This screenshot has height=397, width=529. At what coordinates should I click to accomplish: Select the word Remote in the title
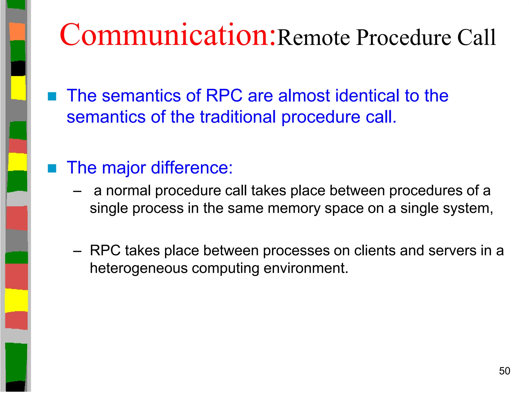click(314, 38)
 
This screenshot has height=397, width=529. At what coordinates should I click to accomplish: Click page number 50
click(504, 371)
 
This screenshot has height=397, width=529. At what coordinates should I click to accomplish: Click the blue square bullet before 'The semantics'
click(52, 96)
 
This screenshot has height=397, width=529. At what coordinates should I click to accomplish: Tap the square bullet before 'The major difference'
click(52, 168)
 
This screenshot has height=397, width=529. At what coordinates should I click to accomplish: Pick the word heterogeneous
click(138, 268)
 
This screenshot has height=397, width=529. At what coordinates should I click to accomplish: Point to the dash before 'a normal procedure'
click(77, 192)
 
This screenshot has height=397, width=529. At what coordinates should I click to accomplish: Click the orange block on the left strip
click(17, 32)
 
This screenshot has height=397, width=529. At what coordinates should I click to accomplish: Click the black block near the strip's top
click(18, 68)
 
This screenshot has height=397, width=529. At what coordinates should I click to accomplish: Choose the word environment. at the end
click(306, 268)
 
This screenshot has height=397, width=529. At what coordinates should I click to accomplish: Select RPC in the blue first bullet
click(224, 96)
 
